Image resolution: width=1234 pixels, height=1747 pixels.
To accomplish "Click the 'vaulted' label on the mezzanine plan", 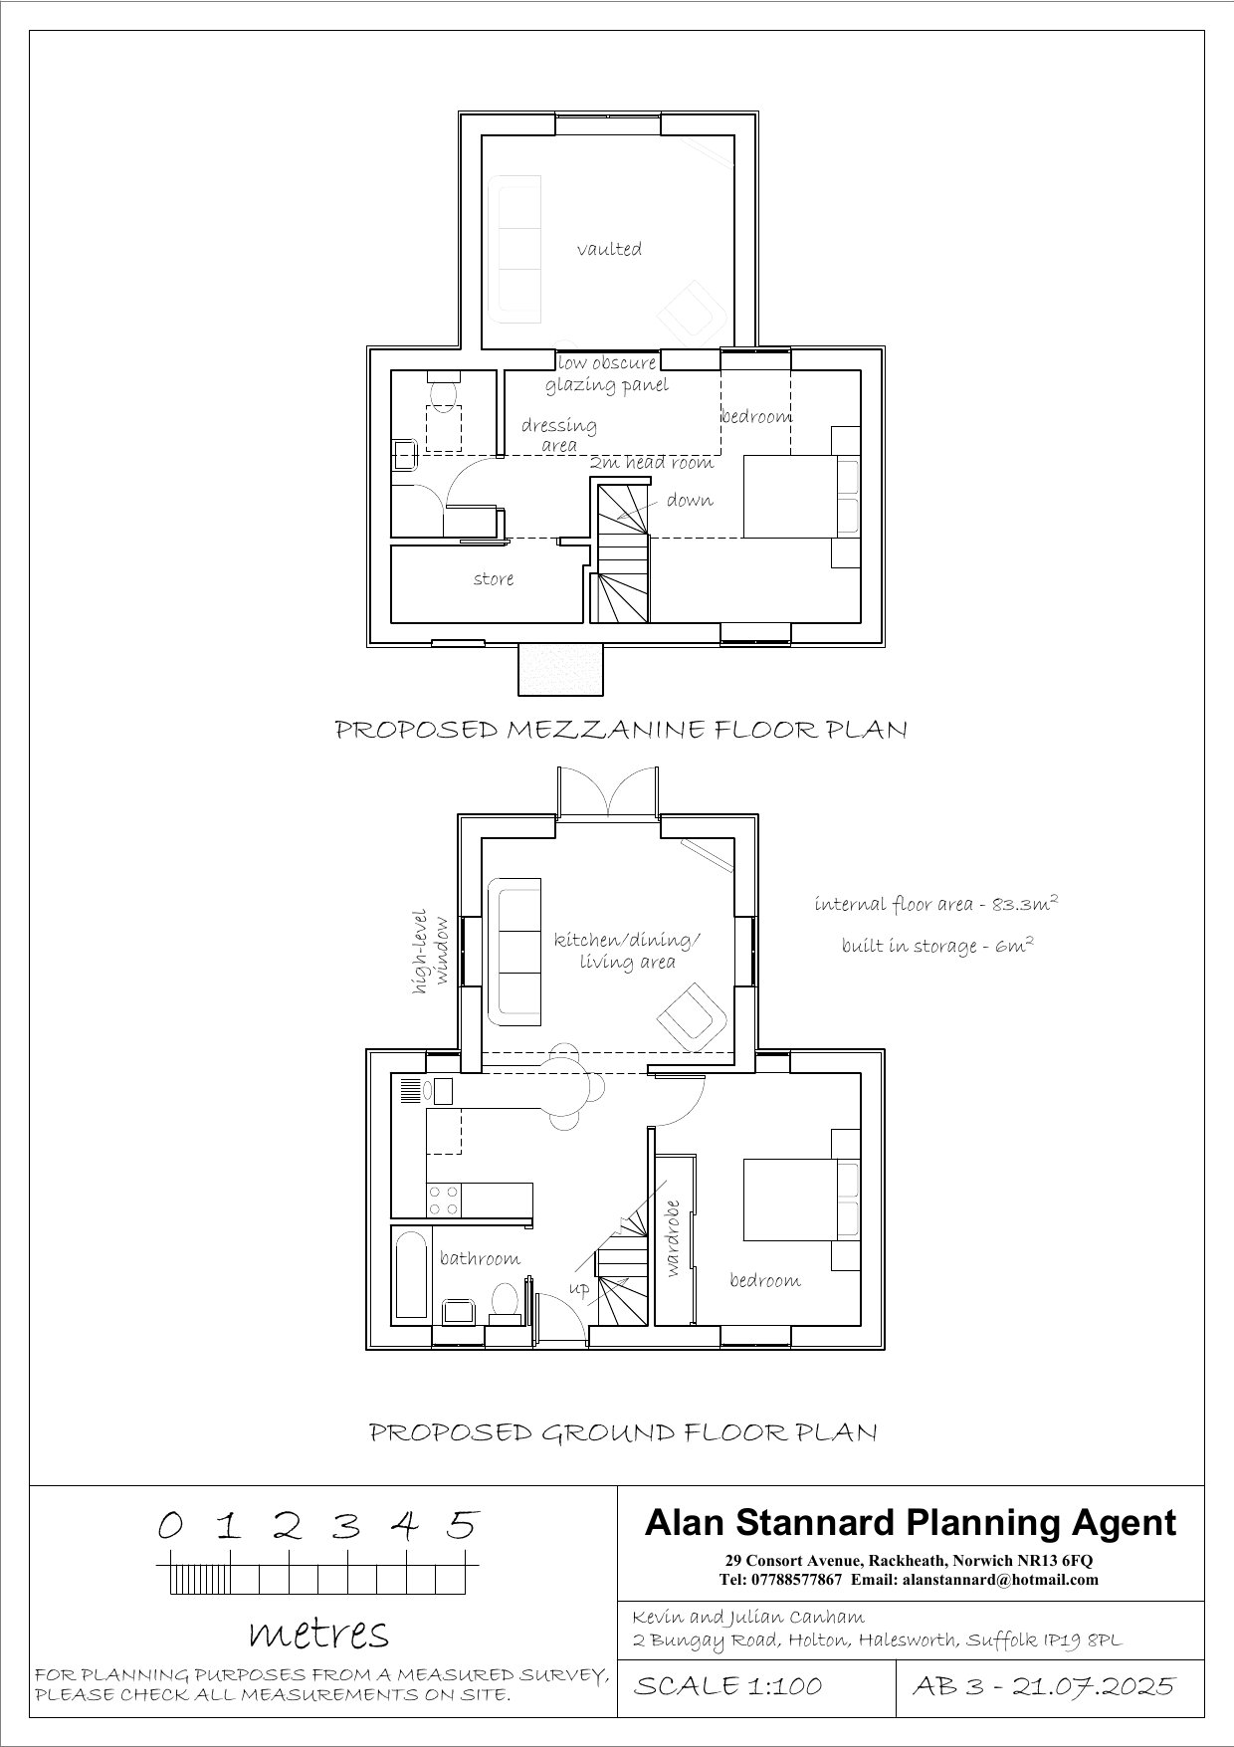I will point(609,249).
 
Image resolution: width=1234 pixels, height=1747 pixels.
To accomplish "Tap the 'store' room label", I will point(494,578).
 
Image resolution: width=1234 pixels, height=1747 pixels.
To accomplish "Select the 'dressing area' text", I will point(559,435).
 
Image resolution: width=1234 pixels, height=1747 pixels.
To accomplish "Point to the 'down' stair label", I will point(690,500).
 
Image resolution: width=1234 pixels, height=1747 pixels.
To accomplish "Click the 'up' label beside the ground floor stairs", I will point(578,1288).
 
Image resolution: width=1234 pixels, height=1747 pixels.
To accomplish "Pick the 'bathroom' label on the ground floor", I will point(480,1259).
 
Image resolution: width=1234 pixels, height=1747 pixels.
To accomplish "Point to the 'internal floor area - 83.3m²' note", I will point(935,904).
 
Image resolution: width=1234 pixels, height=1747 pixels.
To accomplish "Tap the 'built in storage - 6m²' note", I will point(936,946).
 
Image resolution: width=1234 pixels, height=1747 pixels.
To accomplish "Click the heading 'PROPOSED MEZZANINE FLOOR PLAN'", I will point(621,730).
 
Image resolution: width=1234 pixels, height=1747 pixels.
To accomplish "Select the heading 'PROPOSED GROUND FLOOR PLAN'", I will point(623,1433).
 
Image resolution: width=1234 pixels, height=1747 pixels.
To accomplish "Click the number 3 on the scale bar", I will point(345,1526).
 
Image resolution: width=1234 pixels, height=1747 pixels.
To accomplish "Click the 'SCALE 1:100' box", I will point(727,1686).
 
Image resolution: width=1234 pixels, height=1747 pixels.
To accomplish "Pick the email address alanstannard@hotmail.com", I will point(1001,1580).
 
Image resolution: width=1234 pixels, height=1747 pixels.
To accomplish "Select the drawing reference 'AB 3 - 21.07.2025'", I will point(1043,1686).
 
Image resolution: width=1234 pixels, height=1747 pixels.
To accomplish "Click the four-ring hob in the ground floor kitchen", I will point(443,1199).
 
